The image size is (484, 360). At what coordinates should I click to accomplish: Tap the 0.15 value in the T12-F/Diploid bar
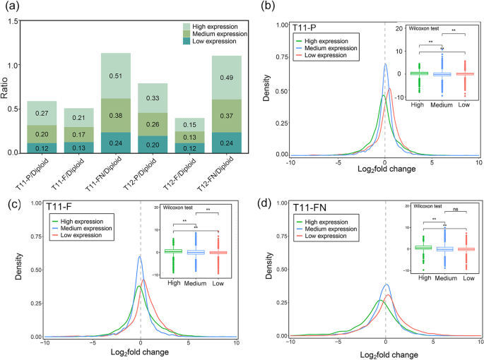[180, 125]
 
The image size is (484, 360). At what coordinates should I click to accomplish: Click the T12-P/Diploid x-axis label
[140, 171]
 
